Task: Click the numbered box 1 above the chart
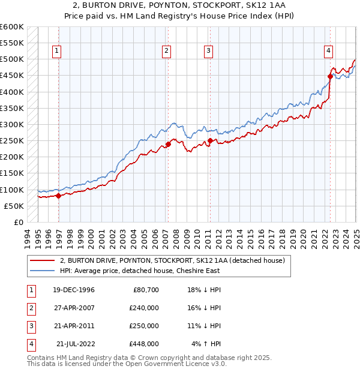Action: click(x=56, y=51)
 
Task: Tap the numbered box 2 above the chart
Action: click(x=166, y=51)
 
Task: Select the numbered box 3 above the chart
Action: click(x=208, y=51)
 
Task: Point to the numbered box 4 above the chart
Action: click(x=329, y=51)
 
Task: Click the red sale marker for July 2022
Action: click(x=330, y=76)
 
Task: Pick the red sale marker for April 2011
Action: click(x=211, y=141)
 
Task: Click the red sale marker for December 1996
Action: click(x=58, y=196)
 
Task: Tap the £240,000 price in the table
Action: click(x=144, y=307)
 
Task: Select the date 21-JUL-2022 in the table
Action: click(x=76, y=344)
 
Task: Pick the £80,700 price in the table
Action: click(x=144, y=289)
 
